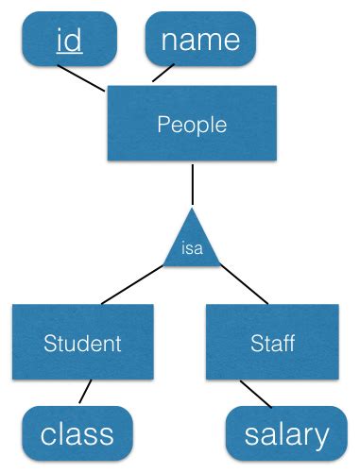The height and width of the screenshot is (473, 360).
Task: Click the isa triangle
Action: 193,245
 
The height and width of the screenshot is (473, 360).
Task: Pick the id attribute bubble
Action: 69,40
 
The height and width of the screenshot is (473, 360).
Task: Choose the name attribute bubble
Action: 200,40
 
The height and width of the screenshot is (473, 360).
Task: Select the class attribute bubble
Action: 77,433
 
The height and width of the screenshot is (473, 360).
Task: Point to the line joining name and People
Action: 163,75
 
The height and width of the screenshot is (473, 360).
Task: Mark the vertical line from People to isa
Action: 193,185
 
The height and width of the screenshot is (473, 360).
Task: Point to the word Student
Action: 82,343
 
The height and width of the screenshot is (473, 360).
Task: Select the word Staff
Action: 272,343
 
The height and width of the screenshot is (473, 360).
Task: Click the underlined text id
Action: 69,41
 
